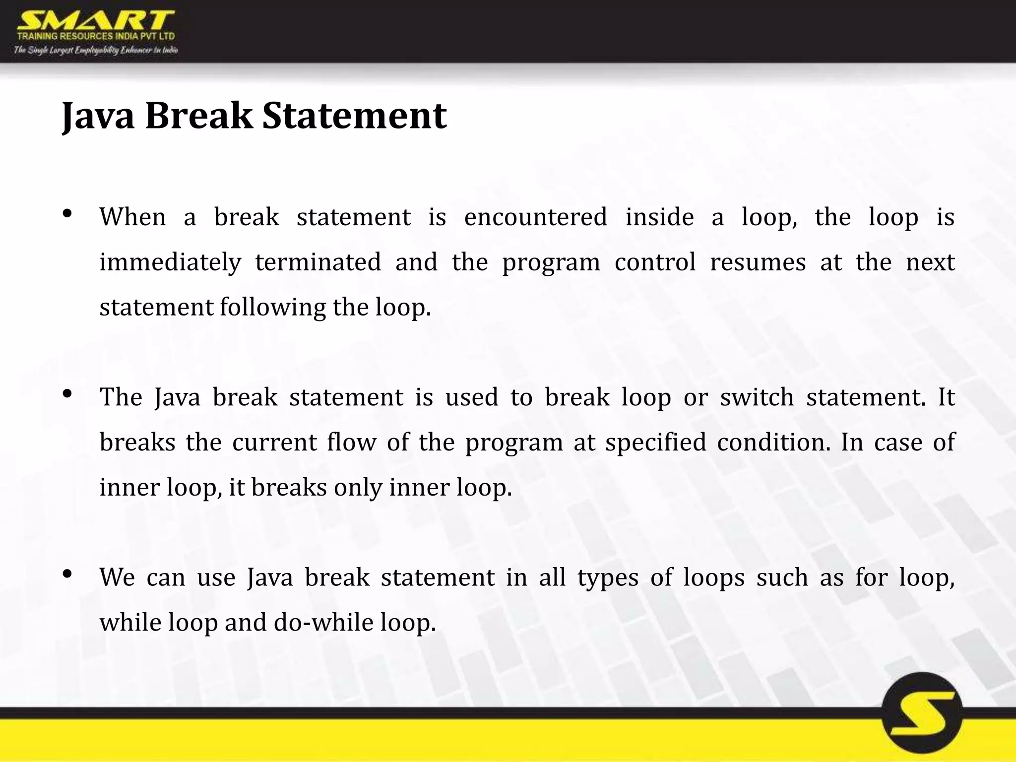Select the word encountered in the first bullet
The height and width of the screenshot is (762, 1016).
[535, 217]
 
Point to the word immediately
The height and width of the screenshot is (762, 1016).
[170, 262]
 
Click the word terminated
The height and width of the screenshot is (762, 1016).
[318, 262]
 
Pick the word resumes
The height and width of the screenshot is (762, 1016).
[758, 262]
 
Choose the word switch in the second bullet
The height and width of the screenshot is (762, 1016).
[757, 397]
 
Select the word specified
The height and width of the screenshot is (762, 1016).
[655, 442]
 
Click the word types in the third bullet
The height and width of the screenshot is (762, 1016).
[608, 577]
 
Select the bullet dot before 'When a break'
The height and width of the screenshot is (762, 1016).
[67, 214]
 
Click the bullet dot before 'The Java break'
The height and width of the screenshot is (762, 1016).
[67, 394]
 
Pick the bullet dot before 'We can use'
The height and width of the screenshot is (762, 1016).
[67, 574]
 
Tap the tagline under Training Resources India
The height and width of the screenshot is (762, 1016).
[95, 50]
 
